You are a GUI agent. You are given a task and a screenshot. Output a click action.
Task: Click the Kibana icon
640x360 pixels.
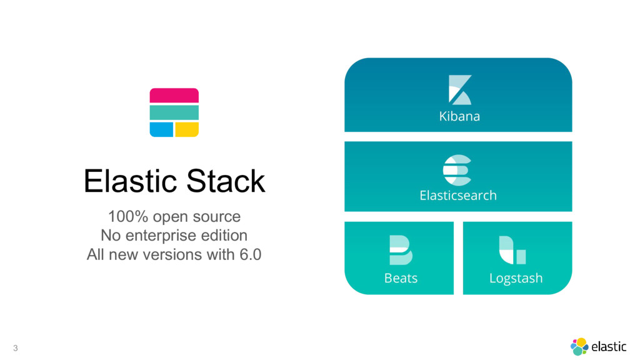[459, 90]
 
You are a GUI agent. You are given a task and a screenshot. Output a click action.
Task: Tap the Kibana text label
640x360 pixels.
[459, 116]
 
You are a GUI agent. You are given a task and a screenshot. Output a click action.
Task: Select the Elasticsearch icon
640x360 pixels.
[457, 169]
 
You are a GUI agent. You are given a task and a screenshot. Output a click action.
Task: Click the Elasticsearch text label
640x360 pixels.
[458, 196]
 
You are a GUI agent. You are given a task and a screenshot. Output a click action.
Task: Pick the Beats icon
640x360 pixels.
[401, 250]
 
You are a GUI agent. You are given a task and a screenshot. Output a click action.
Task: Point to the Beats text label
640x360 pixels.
[401, 277]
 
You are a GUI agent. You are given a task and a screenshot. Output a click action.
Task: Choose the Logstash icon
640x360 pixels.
[512, 250]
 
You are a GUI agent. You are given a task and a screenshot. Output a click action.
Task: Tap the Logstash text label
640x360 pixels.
[516, 277]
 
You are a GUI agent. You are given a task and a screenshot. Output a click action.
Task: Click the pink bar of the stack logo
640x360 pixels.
[174, 96]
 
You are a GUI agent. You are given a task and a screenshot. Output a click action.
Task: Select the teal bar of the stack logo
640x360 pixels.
[174, 112]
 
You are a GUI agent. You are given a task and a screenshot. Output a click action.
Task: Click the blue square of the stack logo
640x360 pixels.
[161, 129]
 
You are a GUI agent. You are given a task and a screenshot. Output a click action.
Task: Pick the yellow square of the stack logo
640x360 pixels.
[186, 129]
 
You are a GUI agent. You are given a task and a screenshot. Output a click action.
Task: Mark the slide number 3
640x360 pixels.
[16, 347]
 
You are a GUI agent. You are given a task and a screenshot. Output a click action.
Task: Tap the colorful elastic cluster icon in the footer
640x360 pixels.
[579, 346]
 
